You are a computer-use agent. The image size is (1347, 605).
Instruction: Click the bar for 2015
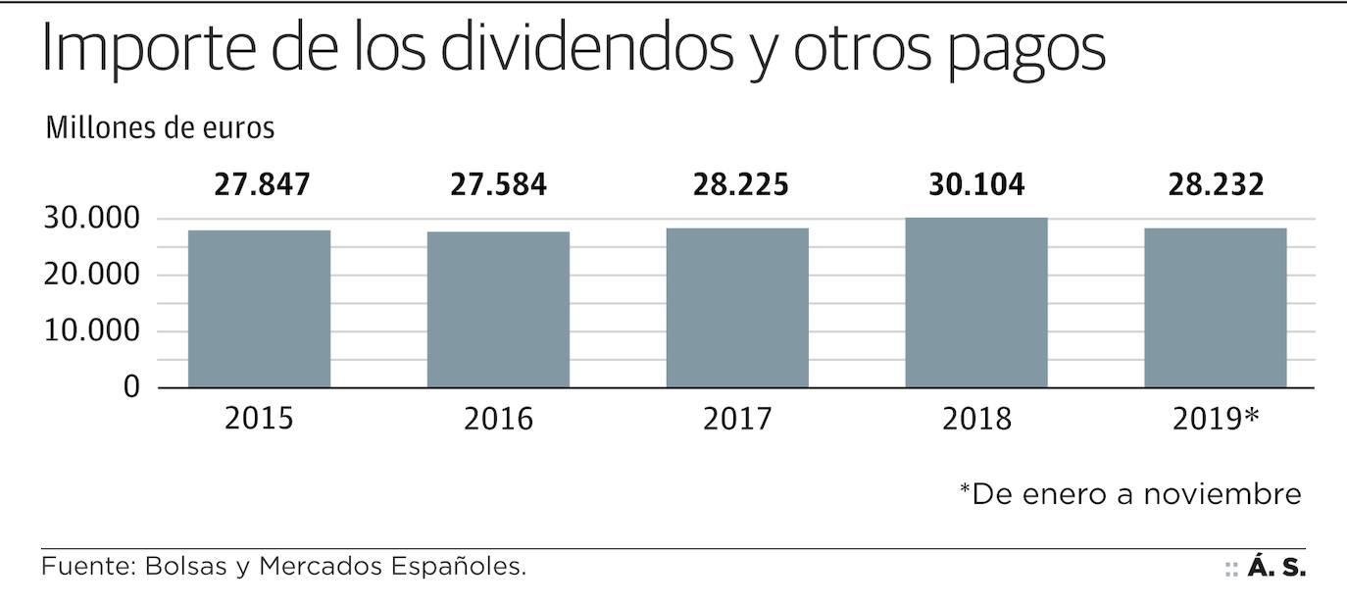[259, 309]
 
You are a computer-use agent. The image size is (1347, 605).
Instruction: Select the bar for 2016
[498, 310]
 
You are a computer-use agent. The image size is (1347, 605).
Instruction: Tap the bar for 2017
[737, 308]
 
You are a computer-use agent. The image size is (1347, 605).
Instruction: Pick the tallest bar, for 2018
[976, 302]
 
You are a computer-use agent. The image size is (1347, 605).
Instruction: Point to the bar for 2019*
[1216, 308]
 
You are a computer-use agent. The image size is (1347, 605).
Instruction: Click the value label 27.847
[262, 184]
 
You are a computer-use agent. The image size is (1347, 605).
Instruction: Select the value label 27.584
[499, 184]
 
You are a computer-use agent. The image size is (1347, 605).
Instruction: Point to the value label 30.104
[977, 184]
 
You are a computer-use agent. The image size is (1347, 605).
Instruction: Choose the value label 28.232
[1216, 184]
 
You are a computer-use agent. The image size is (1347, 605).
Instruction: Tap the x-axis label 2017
[737, 420]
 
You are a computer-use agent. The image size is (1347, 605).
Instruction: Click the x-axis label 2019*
[1216, 420]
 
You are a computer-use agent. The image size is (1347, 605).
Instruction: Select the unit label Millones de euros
[160, 128]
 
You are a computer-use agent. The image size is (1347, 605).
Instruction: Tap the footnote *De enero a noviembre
[1129, 493]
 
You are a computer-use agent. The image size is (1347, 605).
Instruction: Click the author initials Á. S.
[1276, 568]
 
